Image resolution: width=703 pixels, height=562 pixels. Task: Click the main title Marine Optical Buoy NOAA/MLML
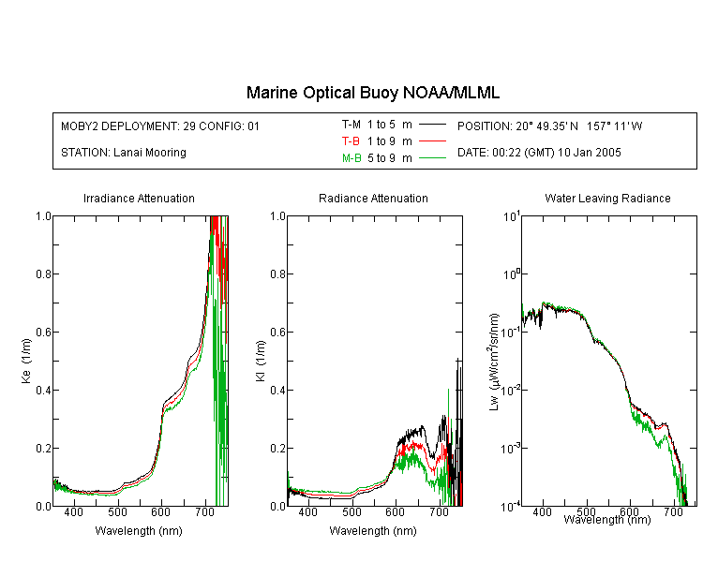(372, 93)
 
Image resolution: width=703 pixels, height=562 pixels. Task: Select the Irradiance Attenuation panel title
(139, 198)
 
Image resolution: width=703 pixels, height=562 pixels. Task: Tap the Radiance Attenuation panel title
(373, 198)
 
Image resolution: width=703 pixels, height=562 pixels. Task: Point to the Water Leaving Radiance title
(607, 198)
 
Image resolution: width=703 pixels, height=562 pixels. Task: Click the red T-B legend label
(351, 141)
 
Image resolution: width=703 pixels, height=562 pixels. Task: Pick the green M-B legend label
(351, 158)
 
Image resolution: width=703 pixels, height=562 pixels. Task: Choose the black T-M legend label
(351, 125)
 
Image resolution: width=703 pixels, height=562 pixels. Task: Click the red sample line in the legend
(432, 141)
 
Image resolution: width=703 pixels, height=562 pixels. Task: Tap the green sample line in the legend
(432, 157)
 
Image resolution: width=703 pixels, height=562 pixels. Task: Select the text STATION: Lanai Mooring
(124, 153)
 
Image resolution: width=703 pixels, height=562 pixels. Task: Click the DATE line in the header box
(539, 153)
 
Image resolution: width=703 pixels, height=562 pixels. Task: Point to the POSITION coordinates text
(549, 126)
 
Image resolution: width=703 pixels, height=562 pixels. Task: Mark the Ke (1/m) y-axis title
(26, 361)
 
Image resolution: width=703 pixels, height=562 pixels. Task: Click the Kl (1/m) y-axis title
(261, 361)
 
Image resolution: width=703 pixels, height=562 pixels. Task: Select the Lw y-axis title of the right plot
(494, 362)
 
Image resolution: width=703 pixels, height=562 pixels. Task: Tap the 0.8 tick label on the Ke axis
(43, 274)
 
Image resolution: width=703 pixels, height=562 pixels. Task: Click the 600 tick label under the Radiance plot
(396, 511)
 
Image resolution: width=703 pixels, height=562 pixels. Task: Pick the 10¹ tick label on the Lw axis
(512, 217)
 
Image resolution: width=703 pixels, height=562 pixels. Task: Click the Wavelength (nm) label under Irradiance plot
(139, 531)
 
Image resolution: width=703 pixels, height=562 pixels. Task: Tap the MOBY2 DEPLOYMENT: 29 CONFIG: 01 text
(160, 126)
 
